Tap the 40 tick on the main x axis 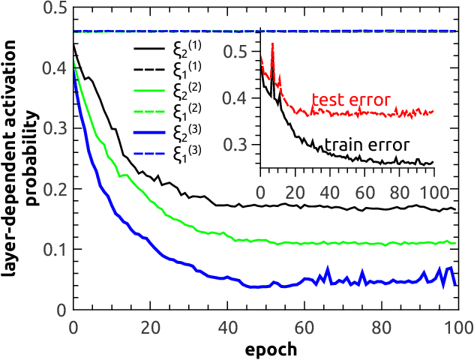[227, 328]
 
